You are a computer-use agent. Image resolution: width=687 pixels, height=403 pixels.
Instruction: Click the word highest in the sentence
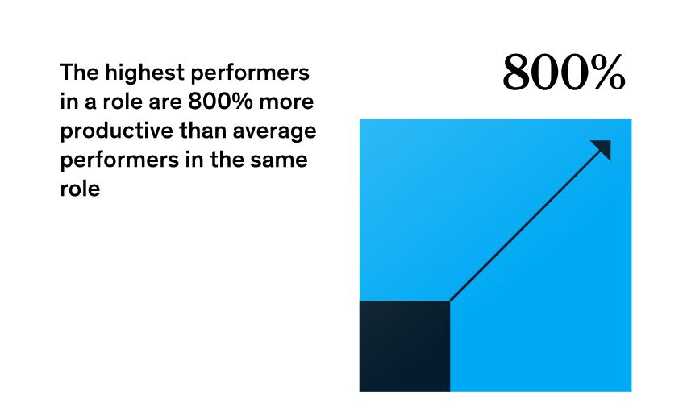(x=144, y=73)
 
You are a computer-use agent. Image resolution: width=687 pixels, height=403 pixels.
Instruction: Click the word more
(x=286, y=102)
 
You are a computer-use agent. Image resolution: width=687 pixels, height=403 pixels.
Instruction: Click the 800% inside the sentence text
(x=220, y=102)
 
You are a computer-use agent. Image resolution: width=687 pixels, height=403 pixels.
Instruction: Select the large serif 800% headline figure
(x=564, y=72)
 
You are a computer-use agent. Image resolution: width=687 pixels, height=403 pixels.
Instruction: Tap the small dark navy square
(x=405, y=346)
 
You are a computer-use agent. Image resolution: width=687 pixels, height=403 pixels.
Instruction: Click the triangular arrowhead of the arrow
(x=603, y=148)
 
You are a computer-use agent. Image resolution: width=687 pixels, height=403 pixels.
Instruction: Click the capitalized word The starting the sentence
(x=79, y=73)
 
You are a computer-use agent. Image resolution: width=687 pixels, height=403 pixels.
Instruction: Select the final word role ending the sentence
(x=80, y=189)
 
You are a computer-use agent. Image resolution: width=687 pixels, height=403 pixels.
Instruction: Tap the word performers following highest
(x=250, y=73)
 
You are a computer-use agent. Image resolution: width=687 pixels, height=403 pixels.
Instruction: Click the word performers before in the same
(x=119, y=160)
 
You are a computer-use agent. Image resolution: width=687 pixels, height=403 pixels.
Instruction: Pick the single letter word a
(x=90, y=103)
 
